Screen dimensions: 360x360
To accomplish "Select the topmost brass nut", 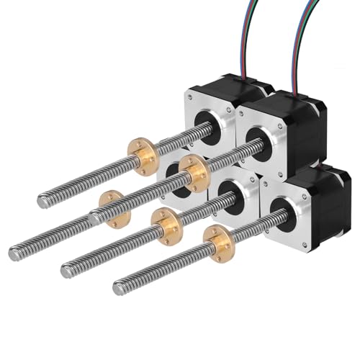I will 143,154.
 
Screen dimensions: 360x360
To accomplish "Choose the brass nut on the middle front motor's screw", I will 166,225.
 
